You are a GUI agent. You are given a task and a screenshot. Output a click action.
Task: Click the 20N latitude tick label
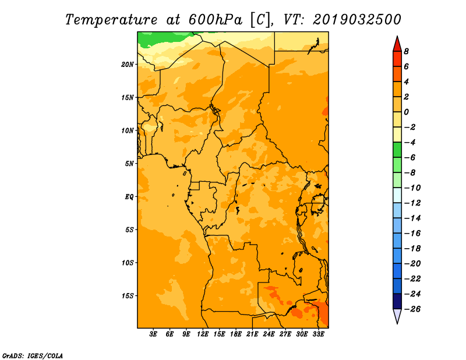point(127,65)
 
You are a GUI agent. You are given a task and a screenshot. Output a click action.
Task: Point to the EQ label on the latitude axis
point(129,197)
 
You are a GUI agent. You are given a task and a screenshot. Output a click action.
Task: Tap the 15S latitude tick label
point(127,296)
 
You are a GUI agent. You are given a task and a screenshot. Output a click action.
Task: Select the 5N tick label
point(129,164)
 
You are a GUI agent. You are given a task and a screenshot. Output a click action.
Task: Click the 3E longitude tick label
point(153,334)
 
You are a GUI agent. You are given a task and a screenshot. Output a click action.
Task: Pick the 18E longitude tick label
point(236,334)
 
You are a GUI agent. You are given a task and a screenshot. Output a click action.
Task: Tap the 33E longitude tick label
point(318,334)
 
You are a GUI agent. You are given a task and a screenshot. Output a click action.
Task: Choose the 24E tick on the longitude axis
point(269,334)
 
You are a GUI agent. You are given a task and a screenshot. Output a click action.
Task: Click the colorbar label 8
point(406,51)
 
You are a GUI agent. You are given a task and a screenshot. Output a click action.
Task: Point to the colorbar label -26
point(412,309)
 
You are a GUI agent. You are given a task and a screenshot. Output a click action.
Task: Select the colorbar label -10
point(412,188)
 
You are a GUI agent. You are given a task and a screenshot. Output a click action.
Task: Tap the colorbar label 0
point(406,112)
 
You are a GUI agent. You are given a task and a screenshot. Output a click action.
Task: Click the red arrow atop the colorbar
point(397,44)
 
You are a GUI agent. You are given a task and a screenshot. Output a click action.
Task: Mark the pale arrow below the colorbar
point(397,316)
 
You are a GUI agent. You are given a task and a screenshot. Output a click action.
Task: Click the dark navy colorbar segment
point(397,301)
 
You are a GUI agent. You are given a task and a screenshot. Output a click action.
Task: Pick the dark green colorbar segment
point(397,150)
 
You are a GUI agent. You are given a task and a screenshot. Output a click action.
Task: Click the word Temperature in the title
point(111,20)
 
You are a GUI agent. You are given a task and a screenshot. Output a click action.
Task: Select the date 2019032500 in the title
point(357,20)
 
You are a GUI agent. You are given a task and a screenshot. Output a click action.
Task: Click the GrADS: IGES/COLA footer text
point(33,356)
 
